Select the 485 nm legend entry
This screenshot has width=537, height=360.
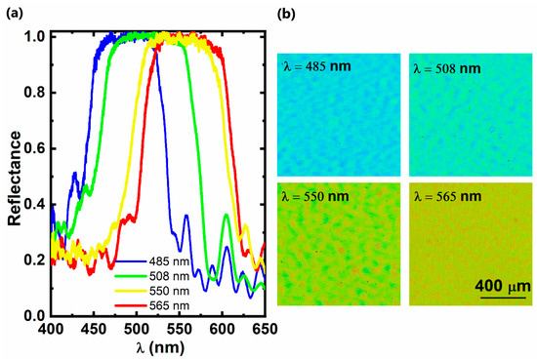pyautogui.click(x=152, y=261)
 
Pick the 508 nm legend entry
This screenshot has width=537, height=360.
pyautogui.click(x=152, y=276)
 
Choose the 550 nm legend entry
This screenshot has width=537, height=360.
pyautogui.click(x=152, y=291)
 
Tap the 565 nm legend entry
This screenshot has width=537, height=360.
pyautogui.click(x=152, y=305)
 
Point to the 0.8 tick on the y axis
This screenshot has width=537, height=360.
pyautogui.click(x=35, y=93)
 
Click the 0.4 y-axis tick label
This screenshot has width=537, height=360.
pyautogui.click(x=35, y=204)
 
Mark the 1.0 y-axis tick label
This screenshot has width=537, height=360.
pyautogui.click(x=35, y=37)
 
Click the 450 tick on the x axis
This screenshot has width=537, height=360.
pyautogui.click(x=94, y=329)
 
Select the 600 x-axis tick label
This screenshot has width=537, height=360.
pyautogui.click(x=223, y=329)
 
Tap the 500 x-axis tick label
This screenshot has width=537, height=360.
pyautogui.click(x=137, y=329)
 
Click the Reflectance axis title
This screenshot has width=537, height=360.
pyautogui.click(x=15, y=179)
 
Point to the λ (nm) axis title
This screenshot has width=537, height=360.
pyautogui.click(x=160, y=347)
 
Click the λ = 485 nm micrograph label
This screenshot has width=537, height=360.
pyautogui.click(x=317, y=66)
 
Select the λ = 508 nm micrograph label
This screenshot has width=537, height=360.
pyautogui.click(x=447, y=69)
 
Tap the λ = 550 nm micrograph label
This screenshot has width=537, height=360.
pyautogui.click(x=315, y=196)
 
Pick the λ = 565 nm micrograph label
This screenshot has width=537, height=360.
pyautogui.click(x=447, y=196)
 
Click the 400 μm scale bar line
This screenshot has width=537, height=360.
pyautogui.click(x=503, y=298)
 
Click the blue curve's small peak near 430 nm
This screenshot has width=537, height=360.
pyautogui.click(x=74, y=173)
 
